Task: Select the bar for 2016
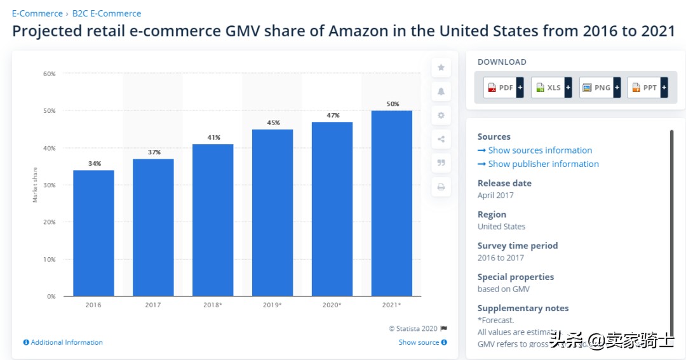coord(93,232)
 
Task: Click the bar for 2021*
coord(391,203)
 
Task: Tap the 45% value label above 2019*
coord(273,123)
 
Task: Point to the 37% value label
coord(154,152)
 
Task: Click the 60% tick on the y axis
coord(49,74)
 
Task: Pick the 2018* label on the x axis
coord(213,305)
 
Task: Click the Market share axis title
coord(35,185)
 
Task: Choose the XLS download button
coord(551,88)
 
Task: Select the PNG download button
coord(599,88)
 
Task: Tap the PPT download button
coord(647,88)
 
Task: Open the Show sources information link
coord(539,150)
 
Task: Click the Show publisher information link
coord(543,164)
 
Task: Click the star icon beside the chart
coord(441,67)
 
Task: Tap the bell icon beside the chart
coord(441,91)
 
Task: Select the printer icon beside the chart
coord(441,187)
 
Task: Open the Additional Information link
coord(66,342)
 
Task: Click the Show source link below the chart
coord(422,342)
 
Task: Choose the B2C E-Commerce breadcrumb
coord(107,13)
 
